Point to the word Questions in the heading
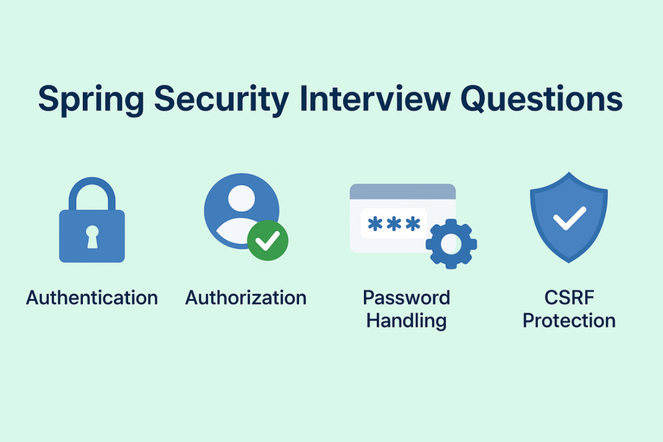pos(541,101)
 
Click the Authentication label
pos(92,298)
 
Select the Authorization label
pos(246,298)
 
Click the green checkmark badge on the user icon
pos(267,240)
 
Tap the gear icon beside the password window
pos(451,244)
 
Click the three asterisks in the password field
pos(393,224)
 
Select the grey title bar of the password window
pos(402,191)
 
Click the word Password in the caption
pos(406,298)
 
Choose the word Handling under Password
pos(406,320)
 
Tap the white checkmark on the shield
pos(568,218)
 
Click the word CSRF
pos(568,298)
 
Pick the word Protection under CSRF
pos(568,320)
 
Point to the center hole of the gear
pos(451,244)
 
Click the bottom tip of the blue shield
pos(568,261)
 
